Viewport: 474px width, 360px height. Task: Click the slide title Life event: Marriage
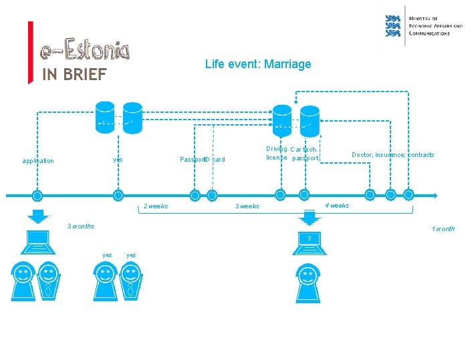coord(258,64)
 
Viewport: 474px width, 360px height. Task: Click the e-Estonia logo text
coord(84,50)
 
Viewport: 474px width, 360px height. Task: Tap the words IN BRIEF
coord(74,74)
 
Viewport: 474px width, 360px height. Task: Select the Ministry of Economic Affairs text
coord(435,25)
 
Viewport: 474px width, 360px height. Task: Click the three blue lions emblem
coord(393,25)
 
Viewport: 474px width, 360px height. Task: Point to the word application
coord(38,161)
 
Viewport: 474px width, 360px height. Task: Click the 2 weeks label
coord(156,206)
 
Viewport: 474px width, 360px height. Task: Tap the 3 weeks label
coord(247,206)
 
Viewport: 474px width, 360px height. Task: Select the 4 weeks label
coord(337,206)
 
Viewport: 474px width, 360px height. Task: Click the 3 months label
coord(81,226)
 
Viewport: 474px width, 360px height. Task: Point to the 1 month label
coord(443,229)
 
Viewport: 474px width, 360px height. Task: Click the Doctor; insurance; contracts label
coord(392,155)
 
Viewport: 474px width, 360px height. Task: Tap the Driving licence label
coord(277,153)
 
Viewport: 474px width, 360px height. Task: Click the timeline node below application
coord(37,196)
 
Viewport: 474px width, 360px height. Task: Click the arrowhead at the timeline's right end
coord(435,196)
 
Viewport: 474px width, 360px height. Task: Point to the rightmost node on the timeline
coord(408,194)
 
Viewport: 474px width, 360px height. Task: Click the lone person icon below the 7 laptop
coord(308,281)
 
